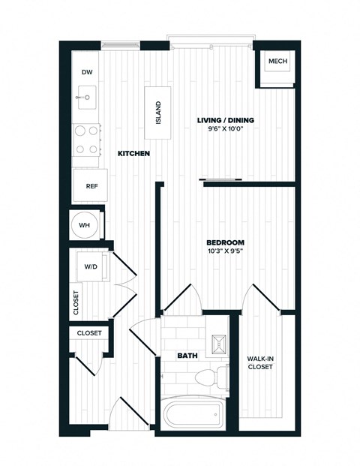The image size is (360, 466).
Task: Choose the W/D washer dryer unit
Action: pyautogui.click(x=91, y=266)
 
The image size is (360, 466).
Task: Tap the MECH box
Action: pyautogui.click(x=277, y=62)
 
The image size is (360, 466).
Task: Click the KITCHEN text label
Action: pyautogui.click(x=133, y=154)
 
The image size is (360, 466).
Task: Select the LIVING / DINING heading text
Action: pyautogui.click(x=226, y=120)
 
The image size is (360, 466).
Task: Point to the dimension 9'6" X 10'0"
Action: pyautogui.click(x=226, y=129)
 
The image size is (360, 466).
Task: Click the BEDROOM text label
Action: pyautogui.click(x=226, y=242)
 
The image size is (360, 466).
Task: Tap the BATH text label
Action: pyautogui.click(x=187, y=356)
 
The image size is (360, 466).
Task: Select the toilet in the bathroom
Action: pyautogui.click(x=220, y=374)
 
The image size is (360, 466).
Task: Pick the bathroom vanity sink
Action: pyautogui.click(x=219, y=344)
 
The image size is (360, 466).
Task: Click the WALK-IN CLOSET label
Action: pyautogui.click(x=259, y=362)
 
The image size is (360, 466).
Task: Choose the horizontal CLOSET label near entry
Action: pyautogui.click(x=90, y=332)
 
